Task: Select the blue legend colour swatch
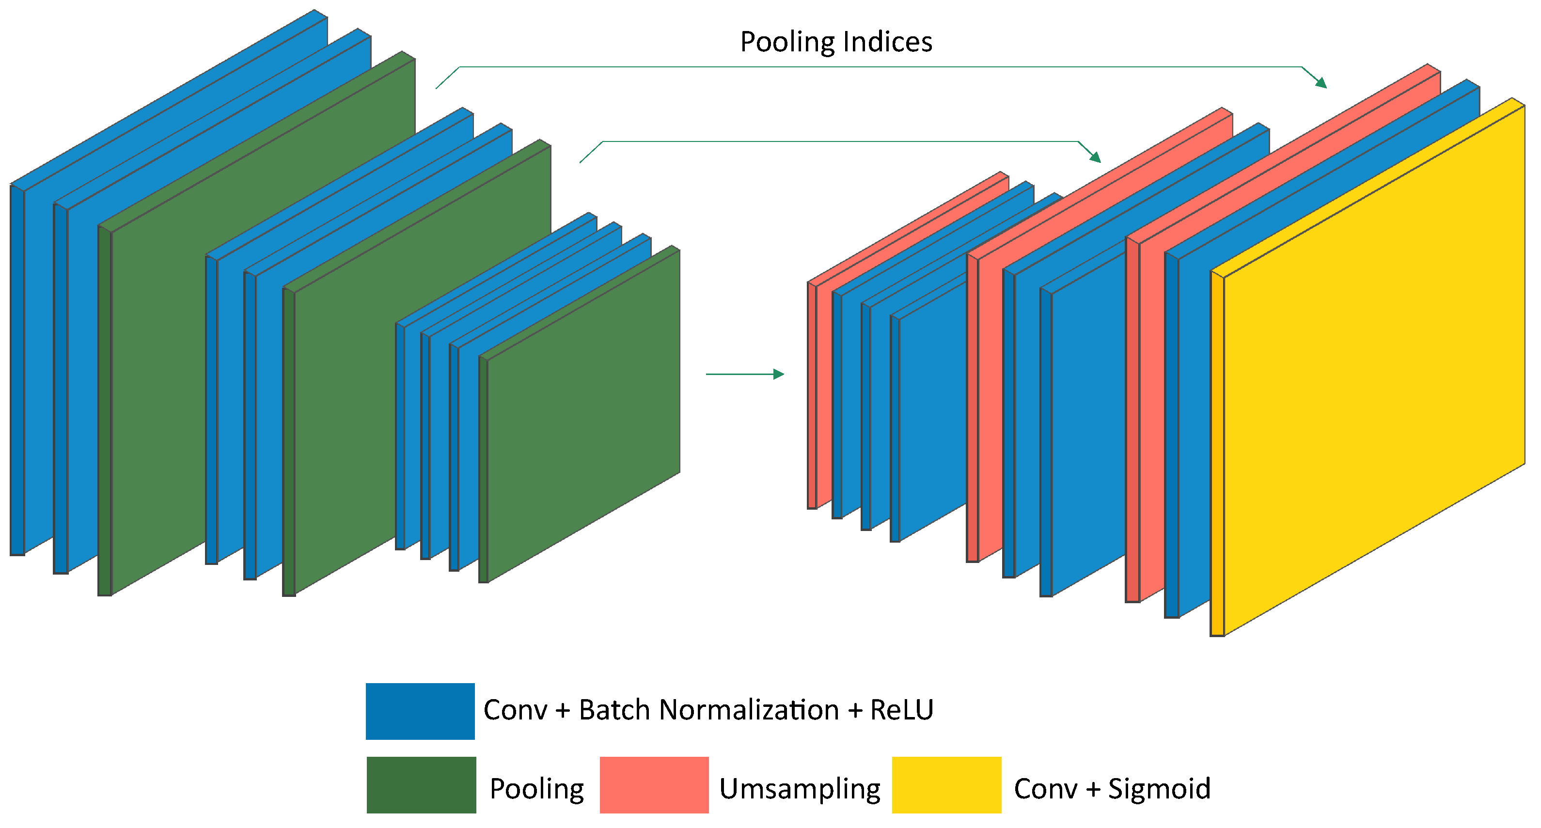point(420,711)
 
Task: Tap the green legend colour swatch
point(421,784)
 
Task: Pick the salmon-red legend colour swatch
point(654,784)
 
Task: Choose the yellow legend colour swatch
point(946,784)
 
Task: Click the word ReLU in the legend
point(901,710)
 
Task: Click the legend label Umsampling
point(799,789)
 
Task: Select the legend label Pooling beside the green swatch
point(536,789)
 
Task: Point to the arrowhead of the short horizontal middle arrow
point(779,375)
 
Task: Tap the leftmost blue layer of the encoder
point(17,371)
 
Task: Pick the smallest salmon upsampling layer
point(812,395)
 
